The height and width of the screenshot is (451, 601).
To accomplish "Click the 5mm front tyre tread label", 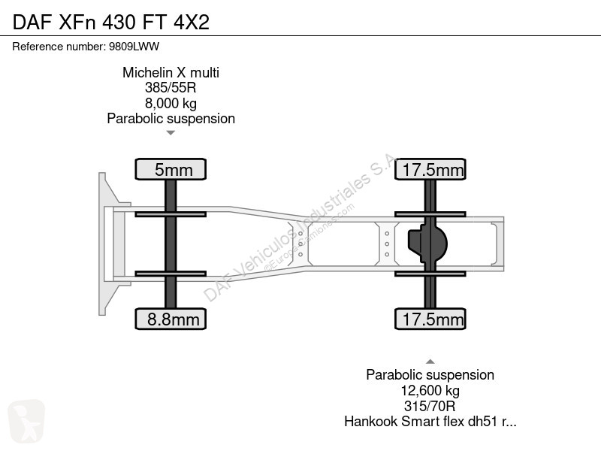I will click(x=171, y=169).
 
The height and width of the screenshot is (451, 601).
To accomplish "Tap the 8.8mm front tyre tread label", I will click(x=171, y=319).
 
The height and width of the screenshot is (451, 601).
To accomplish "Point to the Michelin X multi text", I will click(x=171, y=72).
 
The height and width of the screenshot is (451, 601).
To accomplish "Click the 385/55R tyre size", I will click(x=171, y=87).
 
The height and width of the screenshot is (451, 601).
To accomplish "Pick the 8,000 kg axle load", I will click(x=171, y=103).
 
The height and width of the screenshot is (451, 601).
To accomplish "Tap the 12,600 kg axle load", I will click(x=430, y=391).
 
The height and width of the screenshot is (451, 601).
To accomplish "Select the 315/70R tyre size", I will click(x=430, y=406).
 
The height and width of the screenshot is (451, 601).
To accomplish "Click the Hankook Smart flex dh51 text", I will click(x=430, y=422).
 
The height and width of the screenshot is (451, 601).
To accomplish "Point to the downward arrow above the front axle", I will click(x=171, y=133).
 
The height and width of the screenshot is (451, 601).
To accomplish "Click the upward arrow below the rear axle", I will click(x=430, y=361).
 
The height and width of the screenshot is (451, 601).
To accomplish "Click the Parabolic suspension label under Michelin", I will click(x=171, y=118).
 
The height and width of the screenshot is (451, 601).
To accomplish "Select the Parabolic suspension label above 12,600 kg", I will click(x=430, y=375).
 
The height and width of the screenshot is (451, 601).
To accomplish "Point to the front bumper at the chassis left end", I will click(x=104, y=244).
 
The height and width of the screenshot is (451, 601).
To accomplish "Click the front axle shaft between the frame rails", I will click(x=171, y=244).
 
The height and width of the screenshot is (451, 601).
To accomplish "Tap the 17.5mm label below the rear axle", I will click(x=431, y=319).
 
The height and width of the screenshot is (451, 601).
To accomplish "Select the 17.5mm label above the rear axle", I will click(x=431, y=169).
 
